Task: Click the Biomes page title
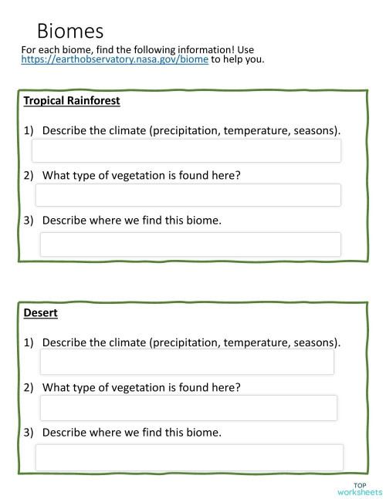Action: (69, 32)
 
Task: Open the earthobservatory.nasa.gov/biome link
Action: (114, 59)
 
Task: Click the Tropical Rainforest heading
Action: (72, 101)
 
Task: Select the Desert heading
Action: (41, 314)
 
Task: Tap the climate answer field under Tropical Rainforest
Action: (186, 150)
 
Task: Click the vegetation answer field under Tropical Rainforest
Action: (188, 195)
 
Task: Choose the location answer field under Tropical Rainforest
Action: (190, 244)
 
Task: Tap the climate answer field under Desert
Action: (187, 362)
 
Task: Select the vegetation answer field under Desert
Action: (188, 408)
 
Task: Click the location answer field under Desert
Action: (189, 457)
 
